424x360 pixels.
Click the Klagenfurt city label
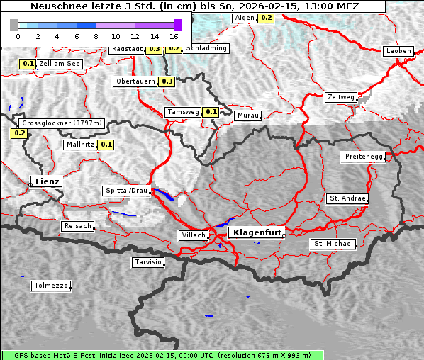click(258, 232)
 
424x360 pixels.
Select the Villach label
click(193, 235)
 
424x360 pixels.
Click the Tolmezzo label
click(50, 286)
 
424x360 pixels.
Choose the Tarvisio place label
click(148, 262)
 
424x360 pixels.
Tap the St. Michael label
click(333, 244)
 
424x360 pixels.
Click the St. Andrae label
click(347, 198)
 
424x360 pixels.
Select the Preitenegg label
click(364, 157)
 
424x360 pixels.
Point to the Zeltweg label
click(341, 97)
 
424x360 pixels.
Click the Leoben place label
click(398, 51)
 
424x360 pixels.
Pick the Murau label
click(248, 115)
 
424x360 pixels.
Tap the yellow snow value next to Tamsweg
click(211, 112)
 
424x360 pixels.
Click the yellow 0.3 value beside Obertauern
click(167, 81)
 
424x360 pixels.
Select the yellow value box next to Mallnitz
click(106, 145)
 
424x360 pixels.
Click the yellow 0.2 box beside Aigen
click(266, 17)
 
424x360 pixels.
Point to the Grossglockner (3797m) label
click(62, 123)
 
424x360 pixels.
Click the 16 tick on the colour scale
click(174, 35)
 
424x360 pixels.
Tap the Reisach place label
click(78, 226)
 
